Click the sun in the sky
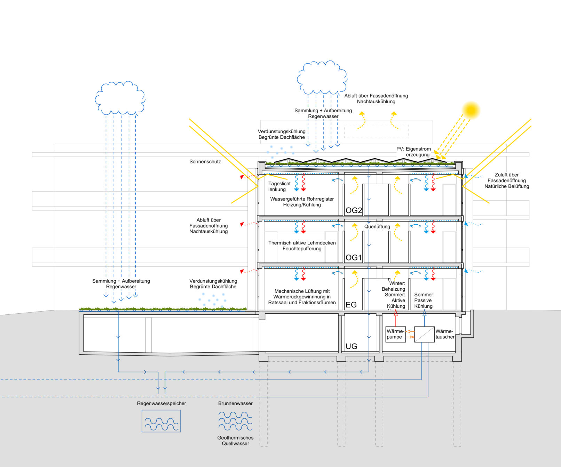[x=471, y=110]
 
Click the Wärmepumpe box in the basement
[x=396, y=334]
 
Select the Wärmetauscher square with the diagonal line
[x=424, y=334]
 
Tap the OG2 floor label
[x=354, y=210]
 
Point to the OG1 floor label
[x=354, y=258]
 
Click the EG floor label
[x=351, y=305]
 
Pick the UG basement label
[x=351, y=346]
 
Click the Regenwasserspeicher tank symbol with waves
[x=161, y=421]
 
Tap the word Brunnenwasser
[x=235, y=403]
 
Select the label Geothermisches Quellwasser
[x=235, y=441]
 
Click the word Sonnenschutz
[x=205, y=162]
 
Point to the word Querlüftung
[x=377, y=227]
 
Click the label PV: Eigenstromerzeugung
[x=414, y=152]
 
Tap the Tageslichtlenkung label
[x=279, y=186]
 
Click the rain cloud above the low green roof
[x=120, y=98]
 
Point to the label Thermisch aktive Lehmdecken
[x=302, y=243]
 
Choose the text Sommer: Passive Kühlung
[x=424, y=300]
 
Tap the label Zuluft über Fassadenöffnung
[x=507, y=178]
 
